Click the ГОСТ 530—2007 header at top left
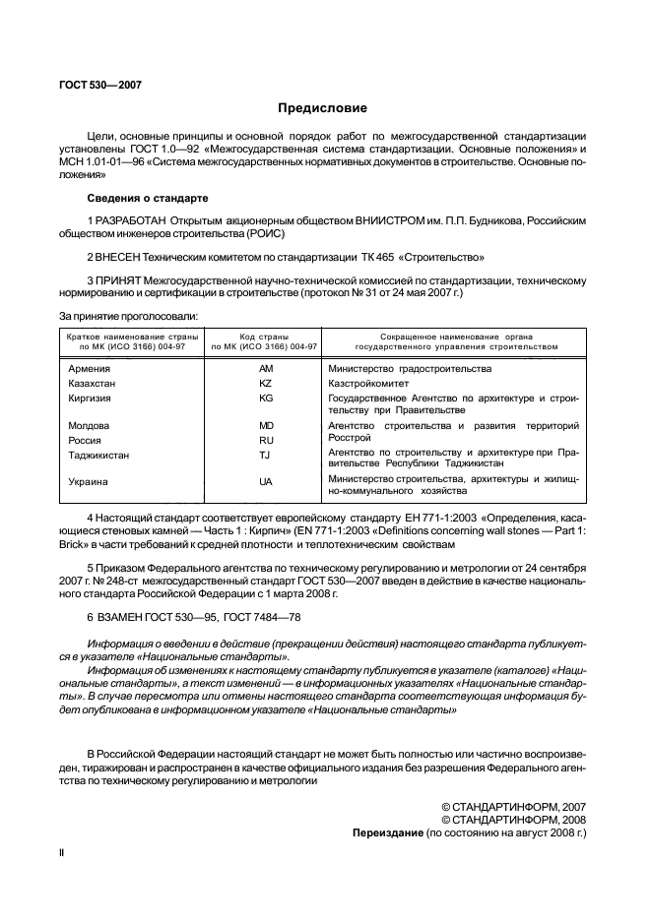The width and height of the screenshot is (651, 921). point(101,85)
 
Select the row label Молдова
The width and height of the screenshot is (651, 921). point(89,426)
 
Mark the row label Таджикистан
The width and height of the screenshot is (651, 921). point(98,456)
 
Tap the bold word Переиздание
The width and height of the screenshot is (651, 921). point(388,831)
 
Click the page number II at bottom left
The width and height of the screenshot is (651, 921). point(63,854)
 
